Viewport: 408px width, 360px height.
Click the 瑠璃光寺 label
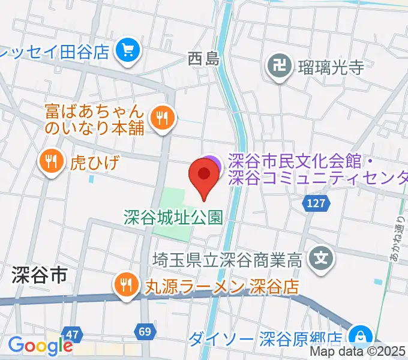pos(331,67)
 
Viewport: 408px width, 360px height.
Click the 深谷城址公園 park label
pos(173,217)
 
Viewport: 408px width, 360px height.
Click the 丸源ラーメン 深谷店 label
pos(220,286)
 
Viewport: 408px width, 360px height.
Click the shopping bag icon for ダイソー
pos(361,334)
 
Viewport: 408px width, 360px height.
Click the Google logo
pos(40,346)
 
